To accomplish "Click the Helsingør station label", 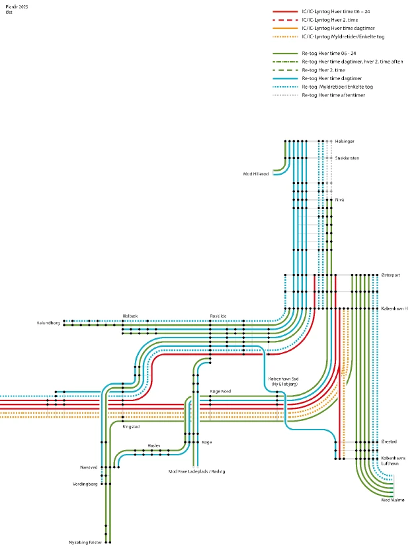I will click(345, 142).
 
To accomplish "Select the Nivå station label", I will click(339, 199).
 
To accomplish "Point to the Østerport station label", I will click(391, 275).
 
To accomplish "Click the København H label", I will click(394, 308).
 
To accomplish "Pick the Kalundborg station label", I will click(48, 323).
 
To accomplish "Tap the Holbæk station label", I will click(130, 316).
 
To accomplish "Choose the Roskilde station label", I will click(218, 316).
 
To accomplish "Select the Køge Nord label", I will click(220, 391).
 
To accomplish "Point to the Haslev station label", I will click(154, 446).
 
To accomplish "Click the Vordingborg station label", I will click(85, 484).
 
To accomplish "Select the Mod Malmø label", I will click(393, 500).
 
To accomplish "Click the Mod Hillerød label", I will click(255, 174).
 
